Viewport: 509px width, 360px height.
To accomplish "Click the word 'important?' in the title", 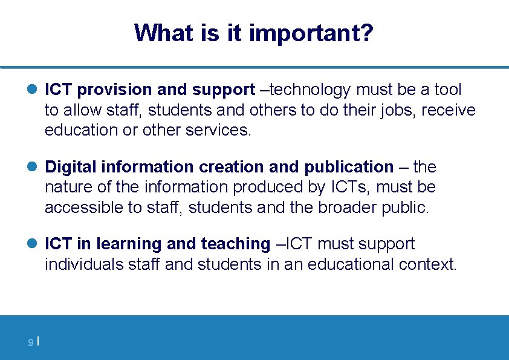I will [311, 33].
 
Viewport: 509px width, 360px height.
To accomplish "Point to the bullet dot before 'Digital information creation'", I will [33, 167].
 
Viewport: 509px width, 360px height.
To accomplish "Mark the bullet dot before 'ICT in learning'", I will [33, 244].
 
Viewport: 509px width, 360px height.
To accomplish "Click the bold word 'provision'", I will [115, 90].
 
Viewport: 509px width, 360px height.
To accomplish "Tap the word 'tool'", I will [447, 90].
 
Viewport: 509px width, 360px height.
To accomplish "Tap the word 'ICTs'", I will [349, 188].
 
